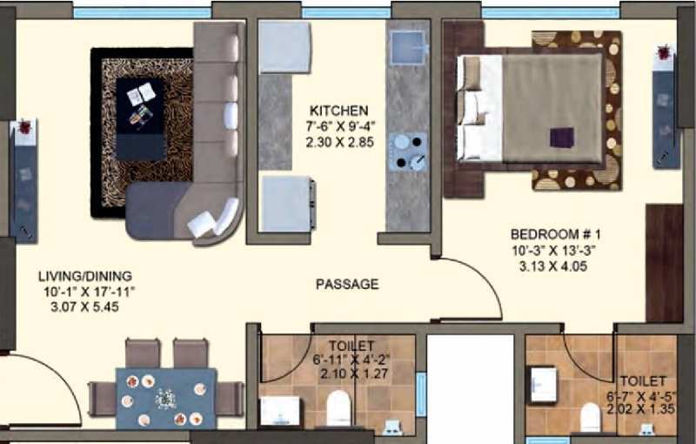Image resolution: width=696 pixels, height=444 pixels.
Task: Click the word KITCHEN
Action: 338,110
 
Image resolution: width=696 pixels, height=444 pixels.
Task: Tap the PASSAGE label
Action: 347,284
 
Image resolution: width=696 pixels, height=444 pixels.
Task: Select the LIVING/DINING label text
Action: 85,276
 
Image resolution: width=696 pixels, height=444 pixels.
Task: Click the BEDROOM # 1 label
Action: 555,234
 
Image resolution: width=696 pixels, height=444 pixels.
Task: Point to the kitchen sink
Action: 408,47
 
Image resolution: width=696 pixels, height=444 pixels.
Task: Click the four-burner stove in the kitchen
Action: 408,151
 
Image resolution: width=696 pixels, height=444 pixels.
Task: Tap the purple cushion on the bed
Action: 562,138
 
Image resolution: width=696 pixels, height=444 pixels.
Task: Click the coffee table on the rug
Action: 141,119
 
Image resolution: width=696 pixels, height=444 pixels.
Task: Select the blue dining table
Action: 166,398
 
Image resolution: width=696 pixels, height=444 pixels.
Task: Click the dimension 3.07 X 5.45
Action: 84,307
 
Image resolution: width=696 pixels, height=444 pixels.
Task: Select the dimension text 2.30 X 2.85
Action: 339,143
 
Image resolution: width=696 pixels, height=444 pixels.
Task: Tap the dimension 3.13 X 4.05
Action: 553,266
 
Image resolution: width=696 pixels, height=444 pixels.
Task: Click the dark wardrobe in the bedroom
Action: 664,263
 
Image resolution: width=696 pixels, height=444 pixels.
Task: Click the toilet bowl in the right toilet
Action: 591,417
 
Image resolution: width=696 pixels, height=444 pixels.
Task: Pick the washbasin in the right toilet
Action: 542,385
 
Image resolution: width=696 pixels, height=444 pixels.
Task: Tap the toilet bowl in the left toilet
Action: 338,408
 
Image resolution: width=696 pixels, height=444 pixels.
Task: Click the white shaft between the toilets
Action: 471,389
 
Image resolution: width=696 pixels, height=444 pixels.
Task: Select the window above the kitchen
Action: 346,12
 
